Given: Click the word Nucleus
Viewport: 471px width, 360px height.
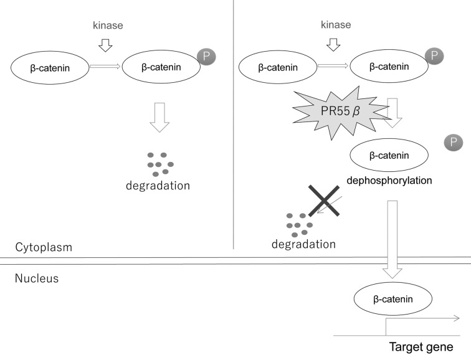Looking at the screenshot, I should point(36,278).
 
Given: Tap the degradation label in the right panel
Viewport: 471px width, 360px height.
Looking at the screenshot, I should point(303,243).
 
